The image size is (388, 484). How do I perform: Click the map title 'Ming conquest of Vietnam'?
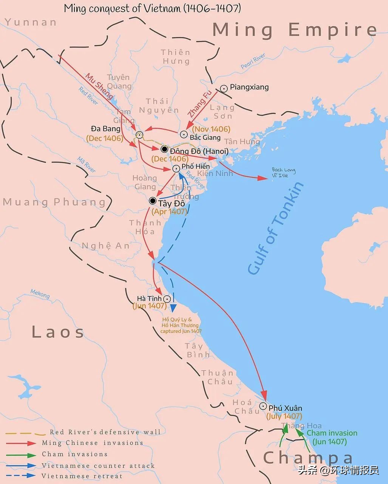[x=152, y=8]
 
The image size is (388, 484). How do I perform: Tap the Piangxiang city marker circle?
[x=224, y=88]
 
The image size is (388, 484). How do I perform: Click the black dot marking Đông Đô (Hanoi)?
[x=164, y=149]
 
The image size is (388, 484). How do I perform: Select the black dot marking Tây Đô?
[x=153, y=201]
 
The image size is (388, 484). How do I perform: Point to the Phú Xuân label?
[x=285, y=408]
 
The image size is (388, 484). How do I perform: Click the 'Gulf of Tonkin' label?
[x=275, y=228]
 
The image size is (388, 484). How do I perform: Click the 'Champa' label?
[x=308, y=458]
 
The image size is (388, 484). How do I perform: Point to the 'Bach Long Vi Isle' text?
[x=284, y=172]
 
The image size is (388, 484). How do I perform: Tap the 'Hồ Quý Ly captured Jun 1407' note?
[x=181, y=325]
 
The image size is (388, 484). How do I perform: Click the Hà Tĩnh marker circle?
[x=167, y=299]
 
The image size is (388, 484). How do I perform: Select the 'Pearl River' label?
[x=253, y=61]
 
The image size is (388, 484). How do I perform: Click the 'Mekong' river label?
[x=40, y=294]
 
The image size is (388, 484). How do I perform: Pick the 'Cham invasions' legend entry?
[x=74, y=454]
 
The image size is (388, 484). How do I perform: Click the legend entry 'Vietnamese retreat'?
[x=82, y=476]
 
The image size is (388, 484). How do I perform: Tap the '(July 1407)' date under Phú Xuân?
[x=284, y=416]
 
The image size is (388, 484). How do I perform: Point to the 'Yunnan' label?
[x=31, y=22]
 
